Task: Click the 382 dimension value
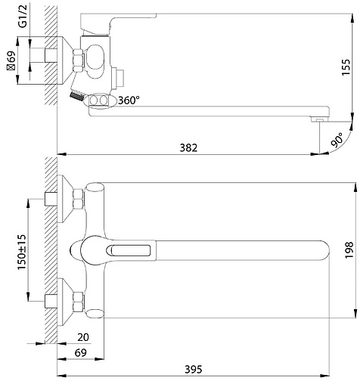pos(188,147)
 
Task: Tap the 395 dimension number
pos(194,370)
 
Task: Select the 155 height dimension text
pos(346,67)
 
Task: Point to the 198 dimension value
pos(349,250)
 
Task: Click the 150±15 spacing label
pos(22,252)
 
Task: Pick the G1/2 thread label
pos(23,16)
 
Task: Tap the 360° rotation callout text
pos(129,101)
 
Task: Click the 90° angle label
pos(337,140)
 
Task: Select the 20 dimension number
pos(83,337)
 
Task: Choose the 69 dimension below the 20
pos(81,353)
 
